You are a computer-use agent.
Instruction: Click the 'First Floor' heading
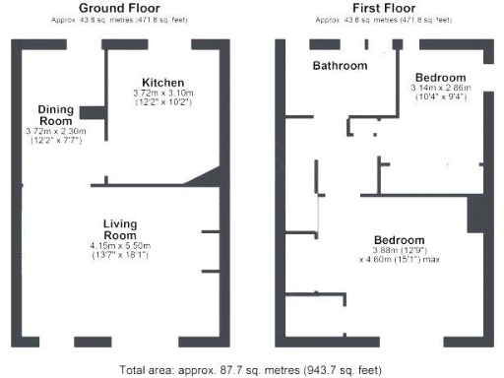pyautogui.click(x=380, y=9)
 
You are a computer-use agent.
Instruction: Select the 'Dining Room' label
pyautogui.click(x=57, y=114)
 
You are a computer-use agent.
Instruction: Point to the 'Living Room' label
pyautogui.click(x=119, y=229)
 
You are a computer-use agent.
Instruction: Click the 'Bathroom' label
pyautogui.click(x=340, y=66)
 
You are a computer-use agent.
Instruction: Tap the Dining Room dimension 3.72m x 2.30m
pyautogui.click(x=57, y=131)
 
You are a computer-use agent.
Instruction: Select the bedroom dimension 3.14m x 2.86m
pyautogui.click(x=441, y=88)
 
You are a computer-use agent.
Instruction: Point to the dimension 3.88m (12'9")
pyautogui.click(x=399, y=251)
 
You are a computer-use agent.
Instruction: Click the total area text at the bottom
pyautogui.click(x=252, y=370)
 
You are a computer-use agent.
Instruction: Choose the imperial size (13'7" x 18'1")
pyautogui.click(x=119, y=256)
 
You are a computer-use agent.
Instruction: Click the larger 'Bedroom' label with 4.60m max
pyautogui.click(x=399, y=240)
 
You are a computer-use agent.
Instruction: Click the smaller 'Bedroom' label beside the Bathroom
pyautogui.click(x=441, y=77)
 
